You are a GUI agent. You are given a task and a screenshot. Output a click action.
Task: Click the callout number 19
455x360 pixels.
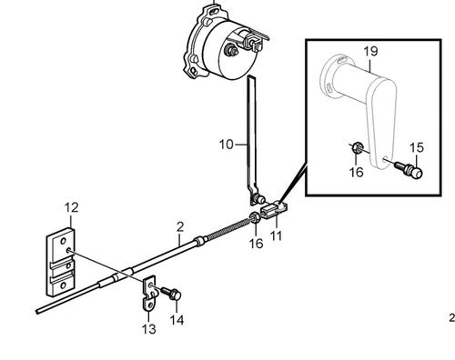[370, 51]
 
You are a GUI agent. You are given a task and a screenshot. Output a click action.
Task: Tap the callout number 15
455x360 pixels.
[417, 147]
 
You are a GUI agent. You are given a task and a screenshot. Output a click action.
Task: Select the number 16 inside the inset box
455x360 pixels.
[356, 172]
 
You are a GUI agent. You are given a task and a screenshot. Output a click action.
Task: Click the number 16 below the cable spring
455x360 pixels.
[256, 244]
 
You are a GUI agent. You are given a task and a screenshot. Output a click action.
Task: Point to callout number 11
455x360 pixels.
[276, 235]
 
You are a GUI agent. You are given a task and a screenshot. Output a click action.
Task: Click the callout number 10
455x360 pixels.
[227, 145]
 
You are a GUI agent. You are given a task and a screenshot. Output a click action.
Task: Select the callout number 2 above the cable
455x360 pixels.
[180, 227]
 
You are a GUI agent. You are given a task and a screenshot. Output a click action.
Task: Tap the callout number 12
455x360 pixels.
[72, 207]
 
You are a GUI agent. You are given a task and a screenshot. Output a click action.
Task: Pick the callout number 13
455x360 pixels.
[149, 329]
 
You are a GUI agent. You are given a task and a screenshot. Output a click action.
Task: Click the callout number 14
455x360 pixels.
[177, 320]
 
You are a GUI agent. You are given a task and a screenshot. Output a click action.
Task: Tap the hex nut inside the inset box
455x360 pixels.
[357, 148]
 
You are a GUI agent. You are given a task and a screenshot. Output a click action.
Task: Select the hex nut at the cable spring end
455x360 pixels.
[254, 217]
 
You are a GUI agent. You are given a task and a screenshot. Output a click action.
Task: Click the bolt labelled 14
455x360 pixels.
[171, 293]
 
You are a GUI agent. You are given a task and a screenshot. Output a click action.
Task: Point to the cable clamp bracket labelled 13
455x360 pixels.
[149, 293]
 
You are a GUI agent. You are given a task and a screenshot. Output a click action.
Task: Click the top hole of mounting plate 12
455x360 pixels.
[63, 242]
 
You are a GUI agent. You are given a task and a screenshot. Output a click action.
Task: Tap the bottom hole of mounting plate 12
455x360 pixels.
[63, 285]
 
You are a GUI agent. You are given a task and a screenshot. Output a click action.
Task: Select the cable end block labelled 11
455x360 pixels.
[272, 210]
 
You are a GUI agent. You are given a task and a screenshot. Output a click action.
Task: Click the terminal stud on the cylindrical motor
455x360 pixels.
[232, 50]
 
